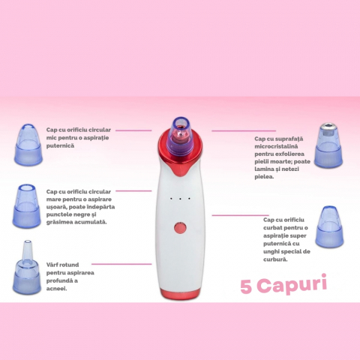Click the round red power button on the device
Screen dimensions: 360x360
click(180, 228)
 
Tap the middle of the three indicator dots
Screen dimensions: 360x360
click(180, 199)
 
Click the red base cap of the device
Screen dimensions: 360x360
click(180, 293)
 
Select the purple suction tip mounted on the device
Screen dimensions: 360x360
click(181, 136)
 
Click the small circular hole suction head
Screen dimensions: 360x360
click(28, 144)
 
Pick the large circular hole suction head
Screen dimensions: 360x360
click(26, 206)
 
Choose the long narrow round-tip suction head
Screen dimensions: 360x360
click(27, 267)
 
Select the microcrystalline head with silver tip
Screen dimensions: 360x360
click(328, 145)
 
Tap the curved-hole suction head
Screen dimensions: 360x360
click(329, 226)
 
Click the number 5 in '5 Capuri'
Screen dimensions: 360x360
click(246, 286)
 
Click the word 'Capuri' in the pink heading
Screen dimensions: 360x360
click(292, 285)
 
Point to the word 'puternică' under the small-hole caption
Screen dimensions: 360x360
click(60, 145)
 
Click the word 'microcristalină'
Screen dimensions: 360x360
click(276, 146)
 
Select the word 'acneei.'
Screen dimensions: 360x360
click(57, 289)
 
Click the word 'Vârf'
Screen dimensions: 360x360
click(52, 265)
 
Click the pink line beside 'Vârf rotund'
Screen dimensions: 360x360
click(121, 264)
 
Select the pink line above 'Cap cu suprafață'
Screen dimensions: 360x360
click(244, 130)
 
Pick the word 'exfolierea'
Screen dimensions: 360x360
click(289, 154)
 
